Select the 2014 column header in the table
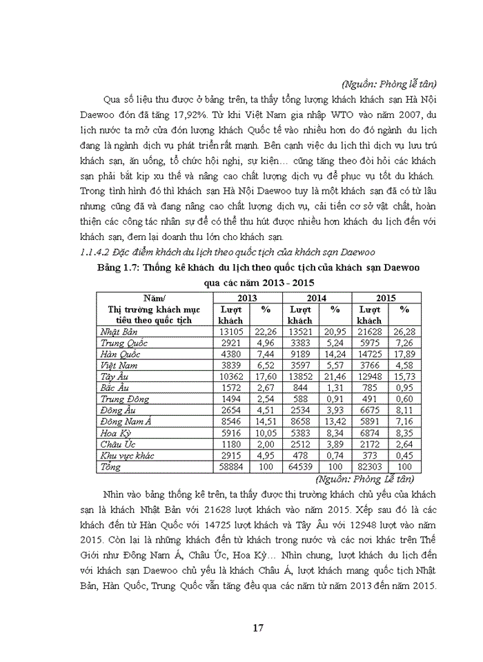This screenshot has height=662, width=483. pos(316,297)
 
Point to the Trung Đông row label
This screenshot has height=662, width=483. pos(121,398)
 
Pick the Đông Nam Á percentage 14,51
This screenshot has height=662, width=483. pos(265,421)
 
